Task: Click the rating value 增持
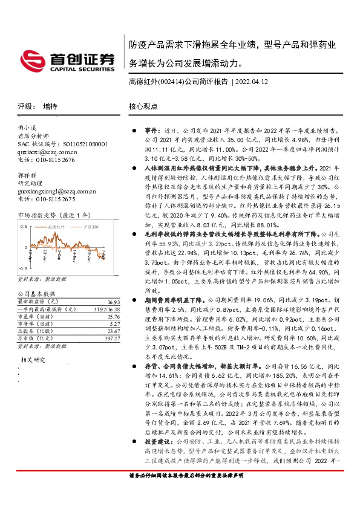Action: (50, 106)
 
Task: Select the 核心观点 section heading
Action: (143, 106)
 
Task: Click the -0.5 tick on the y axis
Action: (22, 267)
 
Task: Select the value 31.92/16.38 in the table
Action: (106, 309)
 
